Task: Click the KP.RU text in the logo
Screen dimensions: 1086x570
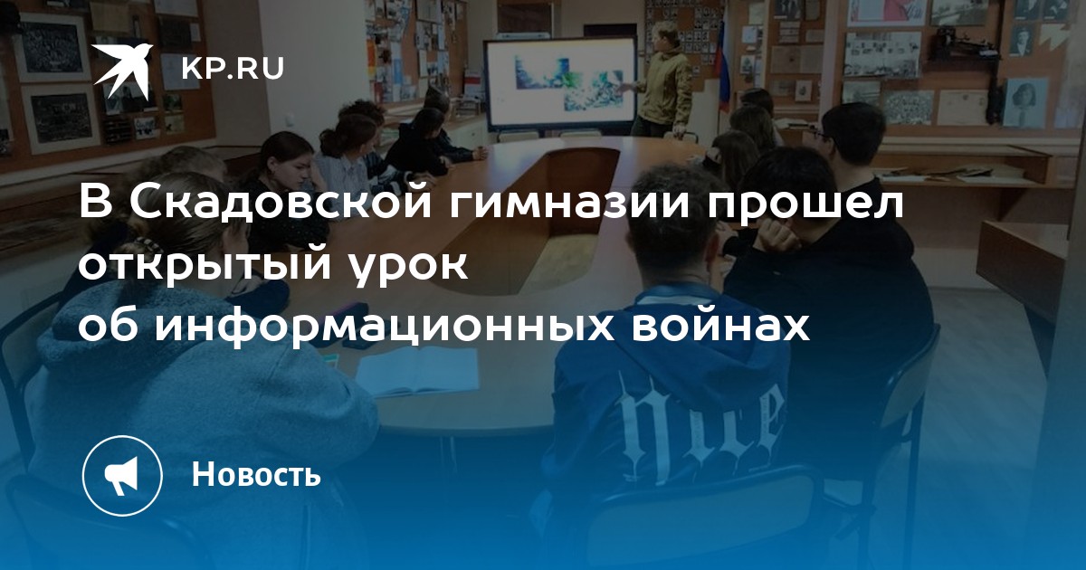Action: pyautogui.click(x=233, y=69)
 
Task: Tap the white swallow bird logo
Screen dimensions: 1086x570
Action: pyautogui.click(x=123, y=71)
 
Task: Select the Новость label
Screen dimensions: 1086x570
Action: pyautogui.click(x=256, y=474)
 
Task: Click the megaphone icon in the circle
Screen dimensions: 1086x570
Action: pyautogui.click(x=121, y=476)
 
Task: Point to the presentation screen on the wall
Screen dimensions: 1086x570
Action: pyautogui.click(x=561, y=86)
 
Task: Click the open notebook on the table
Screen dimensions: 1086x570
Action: pyautogui.click(x=417, y=371)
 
